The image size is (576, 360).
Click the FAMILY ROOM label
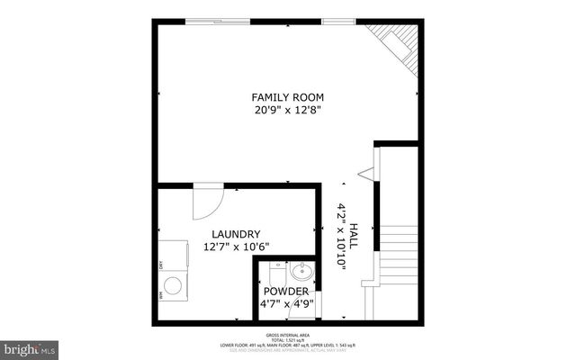click(287, 97)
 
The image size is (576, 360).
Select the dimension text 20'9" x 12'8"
click(287, 112)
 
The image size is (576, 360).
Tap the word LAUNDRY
click(236, 233)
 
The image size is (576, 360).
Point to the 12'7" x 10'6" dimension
click(236, 247)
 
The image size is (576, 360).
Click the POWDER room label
click(286, 292)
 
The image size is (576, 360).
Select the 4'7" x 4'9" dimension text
click(286, 305)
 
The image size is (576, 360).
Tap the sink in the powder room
click(301, 270)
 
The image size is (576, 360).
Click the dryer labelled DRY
click(173, 257)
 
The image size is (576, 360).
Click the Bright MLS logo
click(30, 346)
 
